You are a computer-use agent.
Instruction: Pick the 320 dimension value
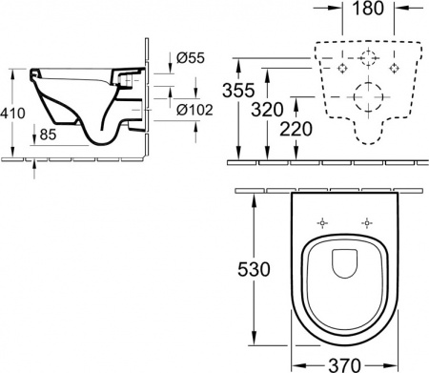(283, 110)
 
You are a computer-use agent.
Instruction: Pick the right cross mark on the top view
(364, 223)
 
